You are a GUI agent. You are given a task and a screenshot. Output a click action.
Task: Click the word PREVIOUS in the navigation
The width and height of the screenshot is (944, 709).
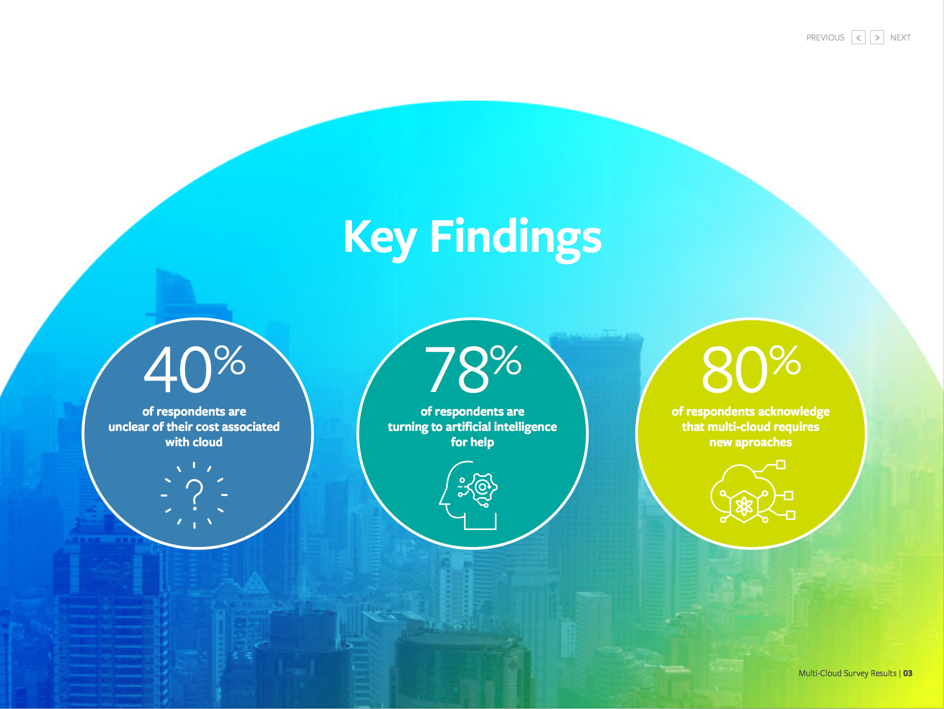point(825,38)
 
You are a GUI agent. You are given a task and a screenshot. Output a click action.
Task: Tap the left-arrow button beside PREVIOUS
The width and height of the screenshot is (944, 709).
point(859,37)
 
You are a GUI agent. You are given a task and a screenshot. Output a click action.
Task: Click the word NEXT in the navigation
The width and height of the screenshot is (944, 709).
point(900,38)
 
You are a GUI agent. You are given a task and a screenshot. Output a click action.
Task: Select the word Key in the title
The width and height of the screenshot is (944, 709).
point(380,239)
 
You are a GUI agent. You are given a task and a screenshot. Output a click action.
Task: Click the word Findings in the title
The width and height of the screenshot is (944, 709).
point(516,239)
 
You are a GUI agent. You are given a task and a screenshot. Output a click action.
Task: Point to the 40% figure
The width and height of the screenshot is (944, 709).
point(195,369)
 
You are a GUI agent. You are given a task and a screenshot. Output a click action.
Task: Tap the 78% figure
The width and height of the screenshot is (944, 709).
point(473,369)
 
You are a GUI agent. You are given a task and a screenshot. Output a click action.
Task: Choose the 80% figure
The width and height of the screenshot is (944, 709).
point(751,369)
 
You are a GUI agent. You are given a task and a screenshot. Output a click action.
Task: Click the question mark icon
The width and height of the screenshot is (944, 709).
point(194,495)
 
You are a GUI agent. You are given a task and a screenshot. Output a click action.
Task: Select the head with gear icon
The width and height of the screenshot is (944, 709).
point(469,495)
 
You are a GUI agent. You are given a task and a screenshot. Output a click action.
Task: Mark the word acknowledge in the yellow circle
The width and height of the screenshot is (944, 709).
point(794,412)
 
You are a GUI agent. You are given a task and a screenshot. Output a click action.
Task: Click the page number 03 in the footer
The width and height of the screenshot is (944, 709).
point(908,673)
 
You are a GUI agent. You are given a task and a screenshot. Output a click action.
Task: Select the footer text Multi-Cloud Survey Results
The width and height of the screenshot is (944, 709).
point(847,673)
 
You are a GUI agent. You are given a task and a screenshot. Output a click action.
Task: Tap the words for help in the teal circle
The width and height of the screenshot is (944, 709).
point(472,442)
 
